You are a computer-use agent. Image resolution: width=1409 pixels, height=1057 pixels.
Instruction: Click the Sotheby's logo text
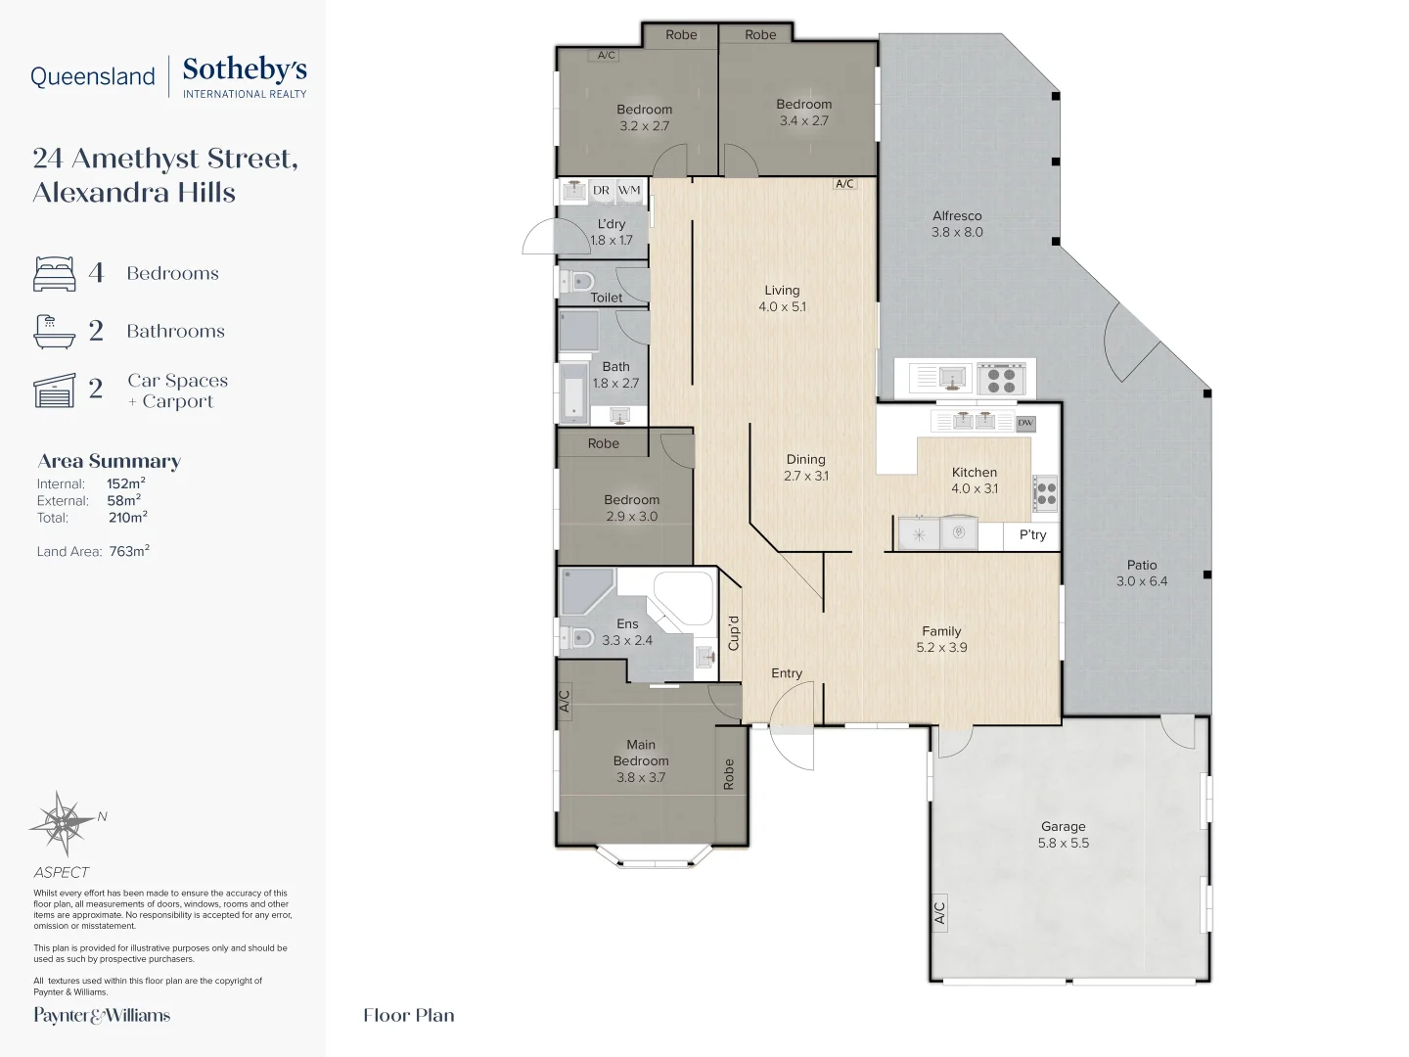pos(244,70)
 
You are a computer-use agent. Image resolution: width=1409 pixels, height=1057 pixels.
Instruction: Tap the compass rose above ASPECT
pos(63,822)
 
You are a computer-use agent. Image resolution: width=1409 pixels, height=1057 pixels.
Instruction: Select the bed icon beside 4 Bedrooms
pos(55,274)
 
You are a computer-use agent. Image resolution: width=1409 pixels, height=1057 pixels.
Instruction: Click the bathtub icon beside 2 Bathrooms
pos(54,332)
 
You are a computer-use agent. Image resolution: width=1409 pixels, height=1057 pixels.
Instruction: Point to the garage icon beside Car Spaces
pos(55,390)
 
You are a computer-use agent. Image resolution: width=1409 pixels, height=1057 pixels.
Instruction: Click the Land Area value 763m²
pos(129,551)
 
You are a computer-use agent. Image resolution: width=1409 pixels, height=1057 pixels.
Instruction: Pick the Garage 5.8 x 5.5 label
pos(1063,835)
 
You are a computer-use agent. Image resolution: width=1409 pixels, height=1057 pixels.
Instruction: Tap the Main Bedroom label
pos(641,760)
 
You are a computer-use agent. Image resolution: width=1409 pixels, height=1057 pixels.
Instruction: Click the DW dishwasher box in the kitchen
pos(1024,423)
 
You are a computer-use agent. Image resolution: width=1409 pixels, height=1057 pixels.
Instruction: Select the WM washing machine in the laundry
pos(629,191)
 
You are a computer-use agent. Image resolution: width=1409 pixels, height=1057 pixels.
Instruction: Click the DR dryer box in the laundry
pos(601,191)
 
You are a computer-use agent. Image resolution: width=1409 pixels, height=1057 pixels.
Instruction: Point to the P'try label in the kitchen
pos(1032,535)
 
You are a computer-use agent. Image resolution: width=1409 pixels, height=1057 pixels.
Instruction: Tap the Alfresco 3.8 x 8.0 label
pos(957,224)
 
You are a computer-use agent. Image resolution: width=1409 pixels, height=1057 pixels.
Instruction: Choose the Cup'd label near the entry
pos(734,632)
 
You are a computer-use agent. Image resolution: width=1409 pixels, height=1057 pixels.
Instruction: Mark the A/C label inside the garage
pos(939,912)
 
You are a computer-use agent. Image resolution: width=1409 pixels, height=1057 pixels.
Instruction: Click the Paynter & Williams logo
pos(102,1015)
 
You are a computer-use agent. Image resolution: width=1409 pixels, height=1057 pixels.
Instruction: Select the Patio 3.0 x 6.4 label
pos(1141,573)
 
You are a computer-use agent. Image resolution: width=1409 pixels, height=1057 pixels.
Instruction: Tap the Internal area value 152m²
pos(126,483)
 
